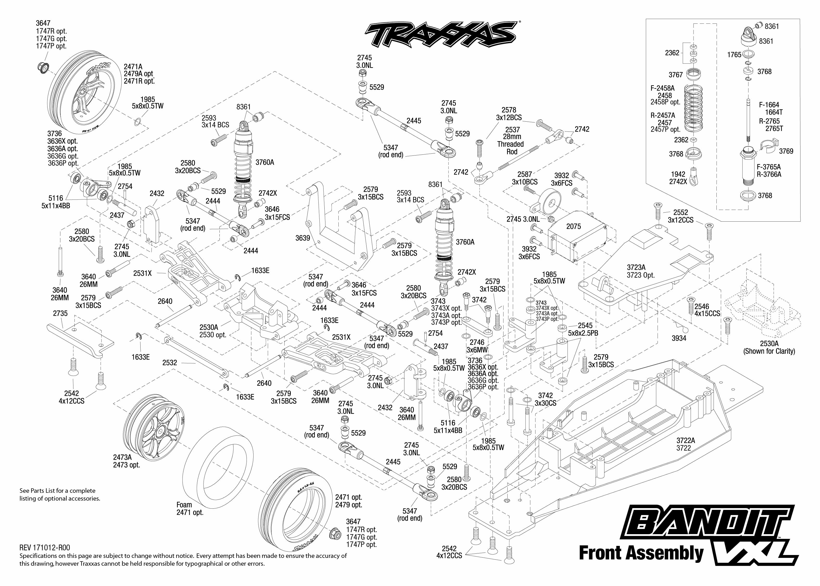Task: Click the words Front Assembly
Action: (641, 553)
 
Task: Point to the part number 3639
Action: (302, 238)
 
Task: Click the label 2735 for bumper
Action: (60, 313)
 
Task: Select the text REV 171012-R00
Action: (45, 548)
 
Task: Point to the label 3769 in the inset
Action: (786, 151)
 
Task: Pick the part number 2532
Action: (169, 362)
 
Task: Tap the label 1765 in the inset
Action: (734, 55)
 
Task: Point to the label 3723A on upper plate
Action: (636, 267)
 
